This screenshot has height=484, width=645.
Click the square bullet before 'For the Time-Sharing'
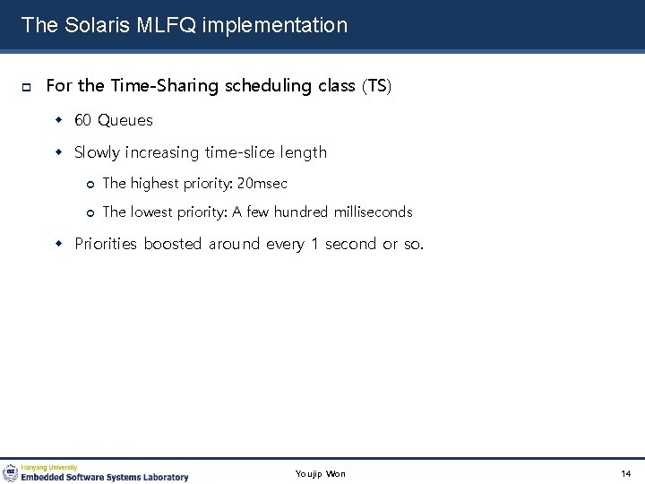[27, 87]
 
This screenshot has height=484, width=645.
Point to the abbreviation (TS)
[377, 86]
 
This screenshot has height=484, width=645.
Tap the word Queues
[125, 120]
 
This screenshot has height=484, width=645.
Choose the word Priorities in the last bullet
[107, 244]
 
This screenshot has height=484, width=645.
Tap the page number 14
[625, 473]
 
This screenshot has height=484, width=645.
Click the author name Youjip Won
[320, 473]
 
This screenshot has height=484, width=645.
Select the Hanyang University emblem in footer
[11, 472]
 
